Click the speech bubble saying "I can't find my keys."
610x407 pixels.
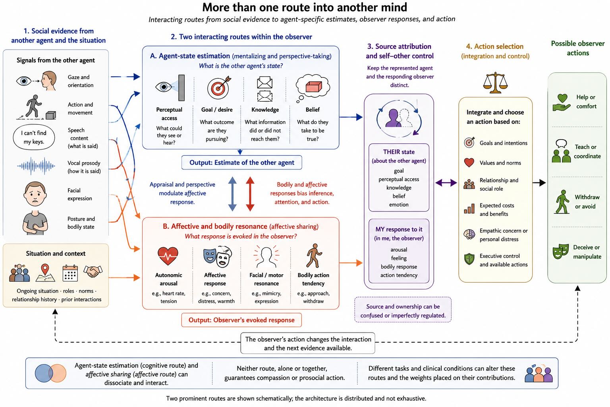pos(34,137)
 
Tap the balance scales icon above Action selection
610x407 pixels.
pos(495,83)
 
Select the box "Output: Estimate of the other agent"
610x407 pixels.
pos(241,163)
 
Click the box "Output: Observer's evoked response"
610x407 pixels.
pos(241,320)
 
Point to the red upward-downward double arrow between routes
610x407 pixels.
pos(250,194)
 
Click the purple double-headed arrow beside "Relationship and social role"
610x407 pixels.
pos(446,183)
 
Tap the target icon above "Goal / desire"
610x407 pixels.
pos(219,87)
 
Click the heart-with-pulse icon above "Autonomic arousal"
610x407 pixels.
pos(168,256)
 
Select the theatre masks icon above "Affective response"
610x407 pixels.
pos(217,256)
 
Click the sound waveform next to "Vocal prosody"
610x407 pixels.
pos(36,166)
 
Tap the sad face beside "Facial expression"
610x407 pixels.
pos(35,194)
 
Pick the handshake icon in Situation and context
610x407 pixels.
pos(93,271)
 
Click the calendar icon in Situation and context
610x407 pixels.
pos(70,273)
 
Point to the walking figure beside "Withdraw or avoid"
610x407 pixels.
pos(562,202)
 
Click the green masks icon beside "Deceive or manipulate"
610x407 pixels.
pos(561,251)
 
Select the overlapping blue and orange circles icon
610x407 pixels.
pos(50,373)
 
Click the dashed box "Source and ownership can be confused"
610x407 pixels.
pos(403,310)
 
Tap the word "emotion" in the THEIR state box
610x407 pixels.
pos(399,204)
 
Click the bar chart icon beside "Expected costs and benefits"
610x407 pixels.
pos(469,209)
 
